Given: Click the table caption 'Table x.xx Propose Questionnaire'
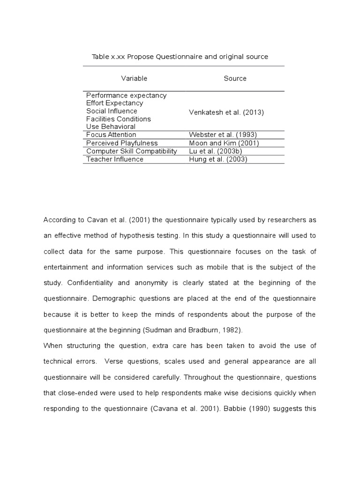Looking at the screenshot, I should (x=180, y=57).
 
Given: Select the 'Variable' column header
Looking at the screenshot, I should (x=134, y=78).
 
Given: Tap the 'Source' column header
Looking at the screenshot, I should (x=235, y=78).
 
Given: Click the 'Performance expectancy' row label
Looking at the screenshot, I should (x=126, y=96).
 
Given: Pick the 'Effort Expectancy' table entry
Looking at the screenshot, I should (x=114, y=103).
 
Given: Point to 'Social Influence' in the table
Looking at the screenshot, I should (x=112, y=111).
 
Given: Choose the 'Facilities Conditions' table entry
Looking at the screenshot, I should (x=118, y=119).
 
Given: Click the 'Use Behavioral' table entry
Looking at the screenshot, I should (x=111, y=127).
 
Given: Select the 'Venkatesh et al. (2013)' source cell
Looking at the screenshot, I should (x=226, y=112).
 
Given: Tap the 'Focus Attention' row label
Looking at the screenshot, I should (x=111, y=135).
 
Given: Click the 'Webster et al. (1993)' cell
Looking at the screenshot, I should (x=222, y=135).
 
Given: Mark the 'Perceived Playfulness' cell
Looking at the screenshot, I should (x=122, y=143).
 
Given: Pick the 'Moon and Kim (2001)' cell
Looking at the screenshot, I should (x=224, y=143).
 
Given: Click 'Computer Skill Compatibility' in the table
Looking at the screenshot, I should (x=131, y=151).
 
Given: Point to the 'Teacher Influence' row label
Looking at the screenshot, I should (x=115, y=159).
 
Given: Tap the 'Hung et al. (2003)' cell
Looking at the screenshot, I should (x=217, y=159).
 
